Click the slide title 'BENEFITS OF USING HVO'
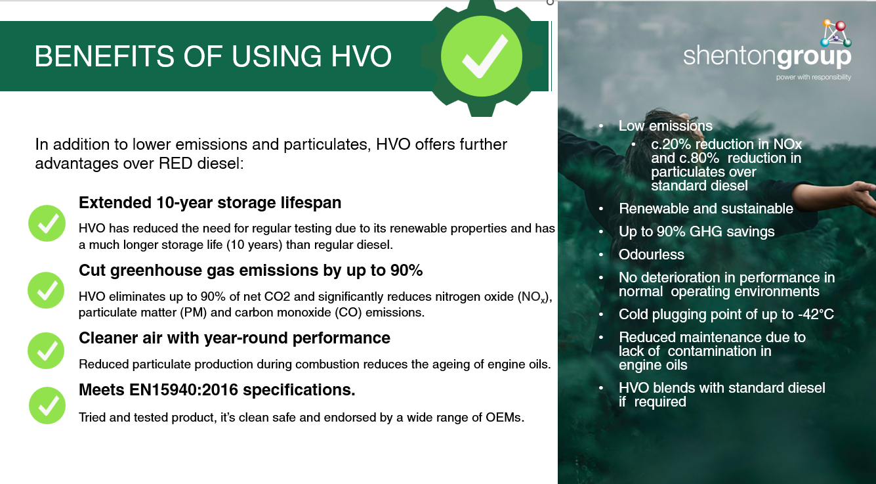coord(213,56)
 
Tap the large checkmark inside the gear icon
coord(484,55)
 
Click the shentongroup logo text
coord(766,57)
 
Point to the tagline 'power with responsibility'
coord(813,77)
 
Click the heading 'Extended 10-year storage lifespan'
coord(210,202)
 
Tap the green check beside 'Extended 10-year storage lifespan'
coord(47,223)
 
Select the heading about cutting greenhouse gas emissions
coord(251,270)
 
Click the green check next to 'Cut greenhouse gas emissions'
coord(47,290)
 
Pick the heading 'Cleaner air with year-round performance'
coord(234,338)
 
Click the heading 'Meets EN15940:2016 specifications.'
coord(217,390)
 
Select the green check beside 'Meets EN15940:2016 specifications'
coord(47,405)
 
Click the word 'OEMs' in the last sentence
coord(505,418)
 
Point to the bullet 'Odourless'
coord(651,255)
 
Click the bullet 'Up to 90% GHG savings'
coord(696,232)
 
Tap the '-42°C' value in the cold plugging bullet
coord(816,315)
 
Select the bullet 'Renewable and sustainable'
coord(705,209)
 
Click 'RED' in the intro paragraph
coord(175,163)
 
